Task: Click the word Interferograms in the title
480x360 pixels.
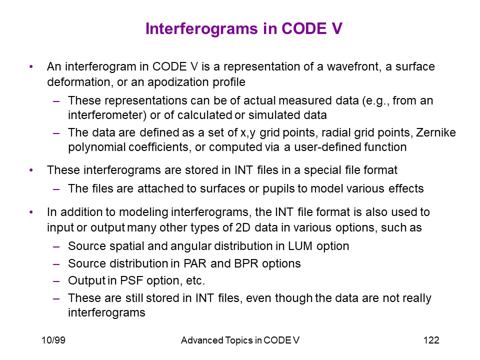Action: [x=201, y=29]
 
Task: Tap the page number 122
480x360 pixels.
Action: [x=431, y=340]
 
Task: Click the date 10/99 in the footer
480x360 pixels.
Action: [x=53, y=340]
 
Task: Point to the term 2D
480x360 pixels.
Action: [x=243, y=228]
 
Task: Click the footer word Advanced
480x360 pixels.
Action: [x=202, y=340]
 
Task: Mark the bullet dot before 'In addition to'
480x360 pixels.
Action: [x=31, y=212]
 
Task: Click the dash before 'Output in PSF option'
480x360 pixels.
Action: [x=56, y=281]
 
